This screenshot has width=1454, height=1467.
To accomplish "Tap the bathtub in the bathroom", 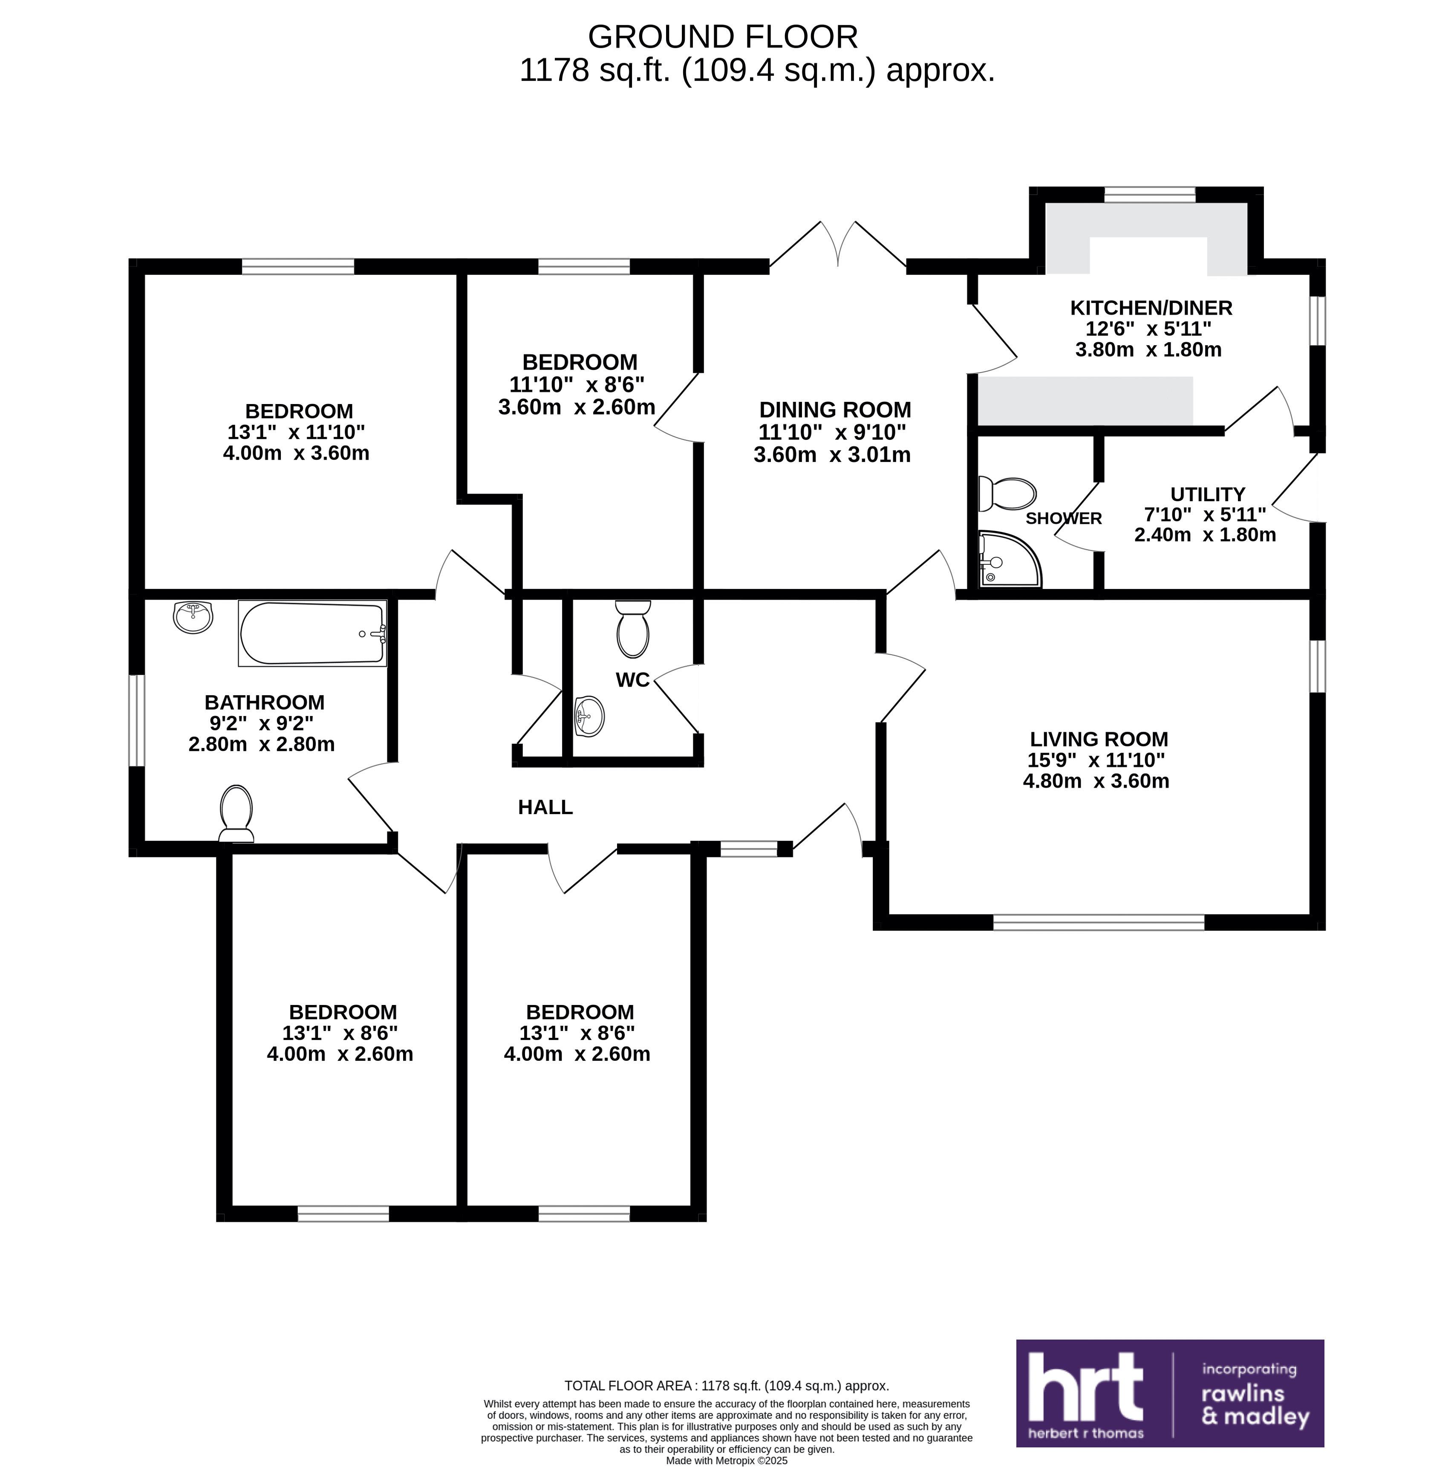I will [312, 633].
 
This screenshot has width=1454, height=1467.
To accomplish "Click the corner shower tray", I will [1010, 560].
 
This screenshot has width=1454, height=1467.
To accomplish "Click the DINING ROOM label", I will [834, 410].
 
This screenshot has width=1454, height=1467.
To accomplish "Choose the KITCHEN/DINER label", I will [1150, 308].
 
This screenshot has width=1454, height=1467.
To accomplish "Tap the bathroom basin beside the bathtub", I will [193, 617].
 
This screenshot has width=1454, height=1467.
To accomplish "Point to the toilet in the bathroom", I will [236, 812].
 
